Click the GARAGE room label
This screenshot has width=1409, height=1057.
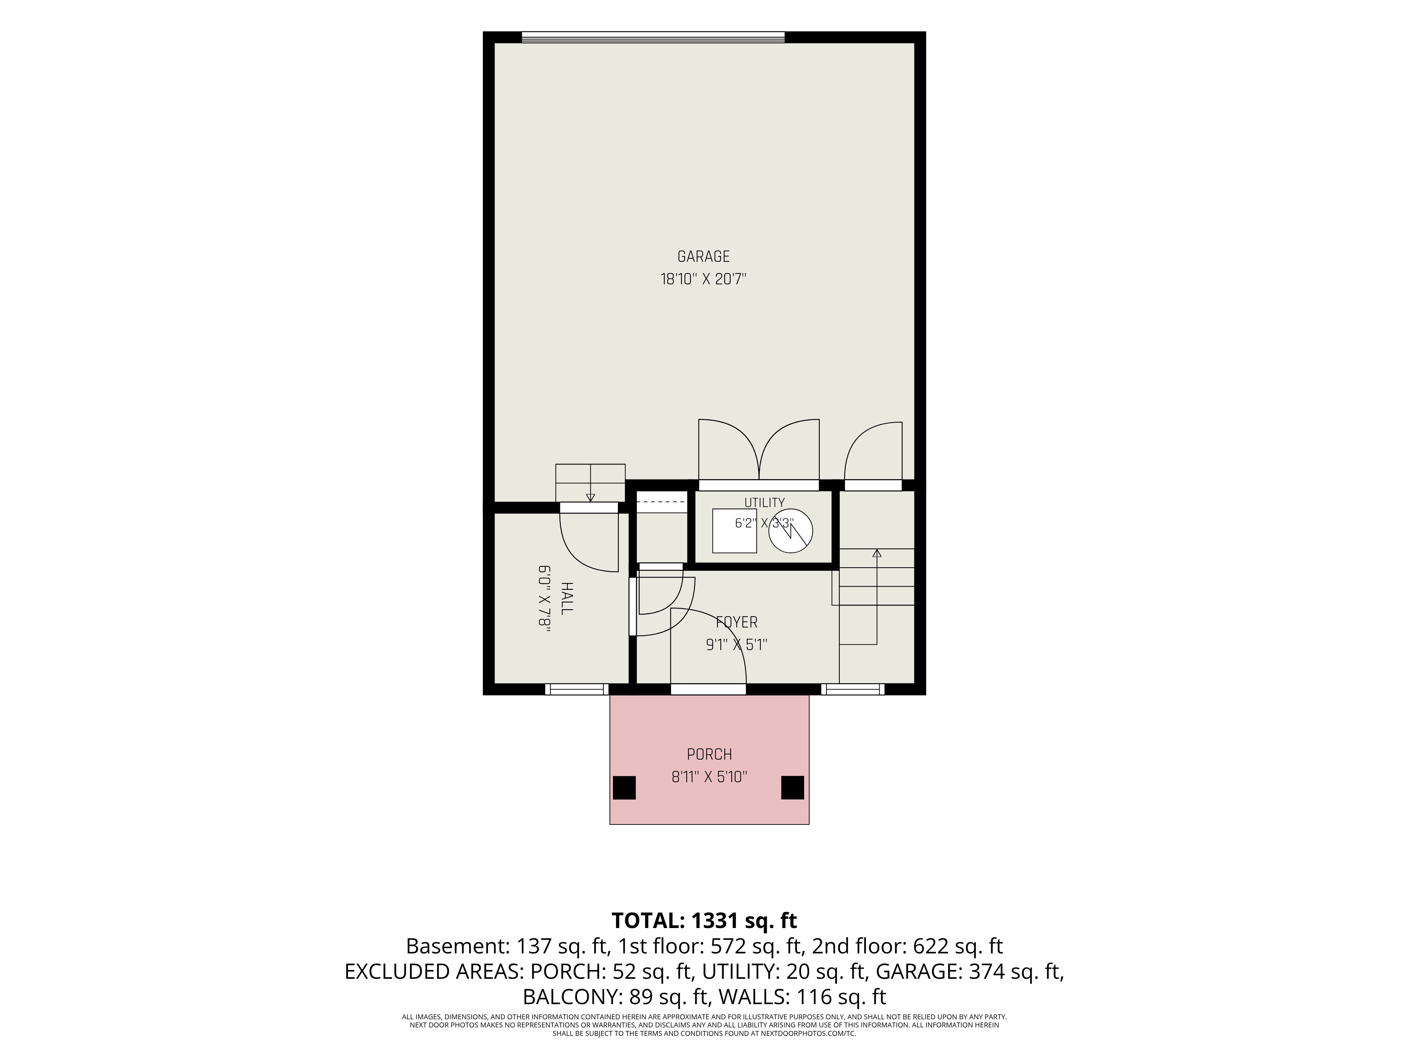[x=703, y=257]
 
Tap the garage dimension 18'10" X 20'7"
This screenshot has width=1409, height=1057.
[x=703, y=279]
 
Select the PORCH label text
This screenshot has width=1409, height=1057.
[x=709, y=754]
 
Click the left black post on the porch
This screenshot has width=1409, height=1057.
[x=624, y=787]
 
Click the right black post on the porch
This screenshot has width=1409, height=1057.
[x=793, y=787]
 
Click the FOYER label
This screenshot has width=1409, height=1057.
[x=736, y=623]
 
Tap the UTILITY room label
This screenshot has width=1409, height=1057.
[x=764, y=503]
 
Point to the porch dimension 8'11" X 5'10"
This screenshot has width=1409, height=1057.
[x=709, y=777]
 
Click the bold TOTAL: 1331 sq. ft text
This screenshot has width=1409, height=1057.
[x=704, y=921]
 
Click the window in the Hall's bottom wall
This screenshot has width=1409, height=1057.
[x=577, y=690]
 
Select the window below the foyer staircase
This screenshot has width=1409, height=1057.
[x=853, y=690]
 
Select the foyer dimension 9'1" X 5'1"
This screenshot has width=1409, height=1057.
[x=736, y=645]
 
